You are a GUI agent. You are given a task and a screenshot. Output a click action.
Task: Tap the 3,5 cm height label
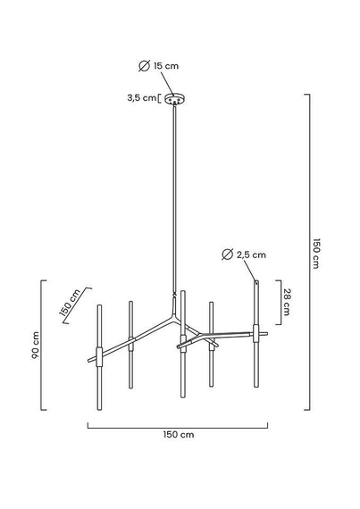pos(142,98)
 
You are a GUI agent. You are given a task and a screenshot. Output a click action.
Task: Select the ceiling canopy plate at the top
pos(175,99)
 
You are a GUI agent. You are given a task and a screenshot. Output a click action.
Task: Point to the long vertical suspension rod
pos(175,196)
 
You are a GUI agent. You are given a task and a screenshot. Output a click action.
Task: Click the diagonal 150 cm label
pos(71,302)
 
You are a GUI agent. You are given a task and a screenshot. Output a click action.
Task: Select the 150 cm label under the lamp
pos(179,435)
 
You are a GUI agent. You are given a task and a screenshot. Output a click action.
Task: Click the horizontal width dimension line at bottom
pos(180,424)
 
